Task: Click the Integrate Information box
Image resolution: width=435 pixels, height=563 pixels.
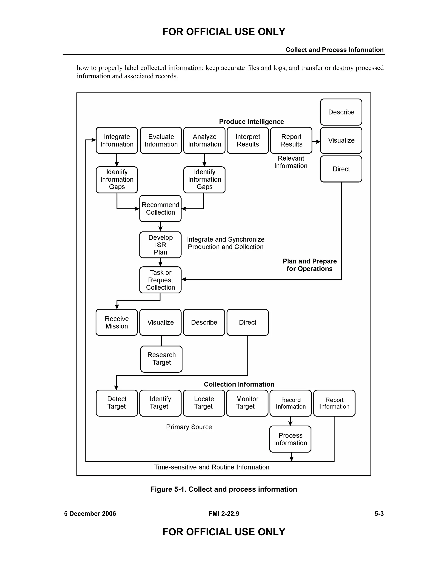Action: coord(117,140)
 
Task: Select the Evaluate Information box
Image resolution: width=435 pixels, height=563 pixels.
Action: coord(161,140)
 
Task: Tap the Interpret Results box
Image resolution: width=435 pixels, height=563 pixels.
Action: coord(248,140)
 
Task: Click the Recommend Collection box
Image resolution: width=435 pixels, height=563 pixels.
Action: coord(160,209)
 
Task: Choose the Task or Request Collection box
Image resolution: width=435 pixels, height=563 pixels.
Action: coord(160,280)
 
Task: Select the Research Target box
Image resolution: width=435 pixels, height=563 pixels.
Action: coord(161,359)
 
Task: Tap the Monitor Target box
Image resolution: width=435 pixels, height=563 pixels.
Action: coord(247,403)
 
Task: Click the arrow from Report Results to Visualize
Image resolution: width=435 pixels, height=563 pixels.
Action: coord(316,141)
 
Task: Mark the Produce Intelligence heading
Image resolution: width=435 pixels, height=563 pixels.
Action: coord(251,122)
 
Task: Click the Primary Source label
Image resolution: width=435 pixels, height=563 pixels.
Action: coord(189,427)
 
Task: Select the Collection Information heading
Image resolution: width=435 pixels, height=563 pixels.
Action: coord(239,384)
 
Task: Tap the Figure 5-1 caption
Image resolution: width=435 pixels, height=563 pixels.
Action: coord(224,489)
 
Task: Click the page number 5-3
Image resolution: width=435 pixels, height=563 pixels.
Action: coord(379,513)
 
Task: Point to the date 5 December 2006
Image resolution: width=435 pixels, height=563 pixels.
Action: coord(90,513)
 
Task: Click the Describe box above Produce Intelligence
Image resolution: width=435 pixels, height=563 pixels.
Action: coord(341,112)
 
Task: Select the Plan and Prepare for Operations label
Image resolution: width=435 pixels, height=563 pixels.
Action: coord(309,265)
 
